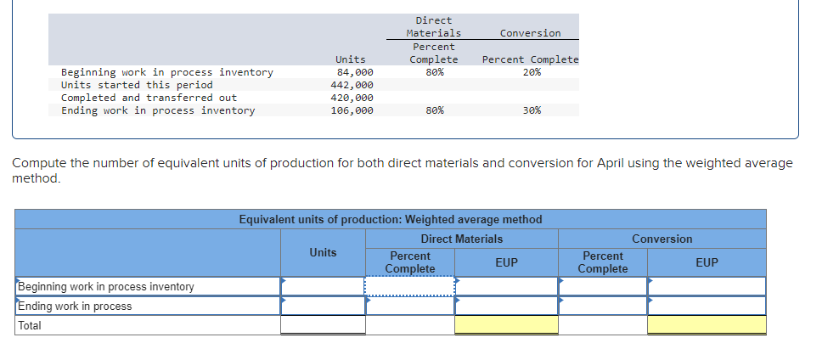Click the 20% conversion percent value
coord(532,72)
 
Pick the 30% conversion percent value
coord(532,110)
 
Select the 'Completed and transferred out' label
coord(149,98)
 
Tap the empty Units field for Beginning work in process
coord(323,286)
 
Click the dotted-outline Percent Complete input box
coord(410,286)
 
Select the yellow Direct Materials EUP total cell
coord(506,324)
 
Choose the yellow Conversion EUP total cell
coord(707,324)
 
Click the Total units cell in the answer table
coord(323,324)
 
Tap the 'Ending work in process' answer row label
coord(76,306)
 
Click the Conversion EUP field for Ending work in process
coord(707,306)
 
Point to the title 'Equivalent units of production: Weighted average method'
coord(391,219)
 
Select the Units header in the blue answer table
coord(323,252)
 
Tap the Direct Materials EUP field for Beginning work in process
coord(506,286)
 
